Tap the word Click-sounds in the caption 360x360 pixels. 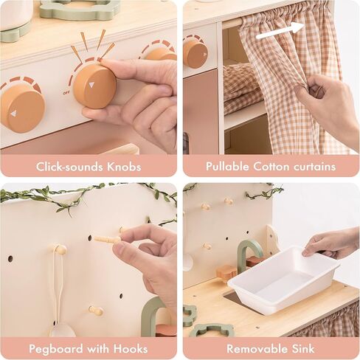(70, 167)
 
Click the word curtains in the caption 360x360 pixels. (311, 167)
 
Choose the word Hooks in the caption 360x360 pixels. (131, 349)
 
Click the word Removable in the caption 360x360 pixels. (255, 349)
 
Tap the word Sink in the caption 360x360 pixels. (302, 349)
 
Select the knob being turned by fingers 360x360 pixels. (94, 85)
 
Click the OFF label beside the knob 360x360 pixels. (67, 94)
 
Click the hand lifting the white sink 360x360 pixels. (333, 241)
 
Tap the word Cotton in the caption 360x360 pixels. (271, 167)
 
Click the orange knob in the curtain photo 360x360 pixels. (195, 53)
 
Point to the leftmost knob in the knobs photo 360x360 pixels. (21, 107)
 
